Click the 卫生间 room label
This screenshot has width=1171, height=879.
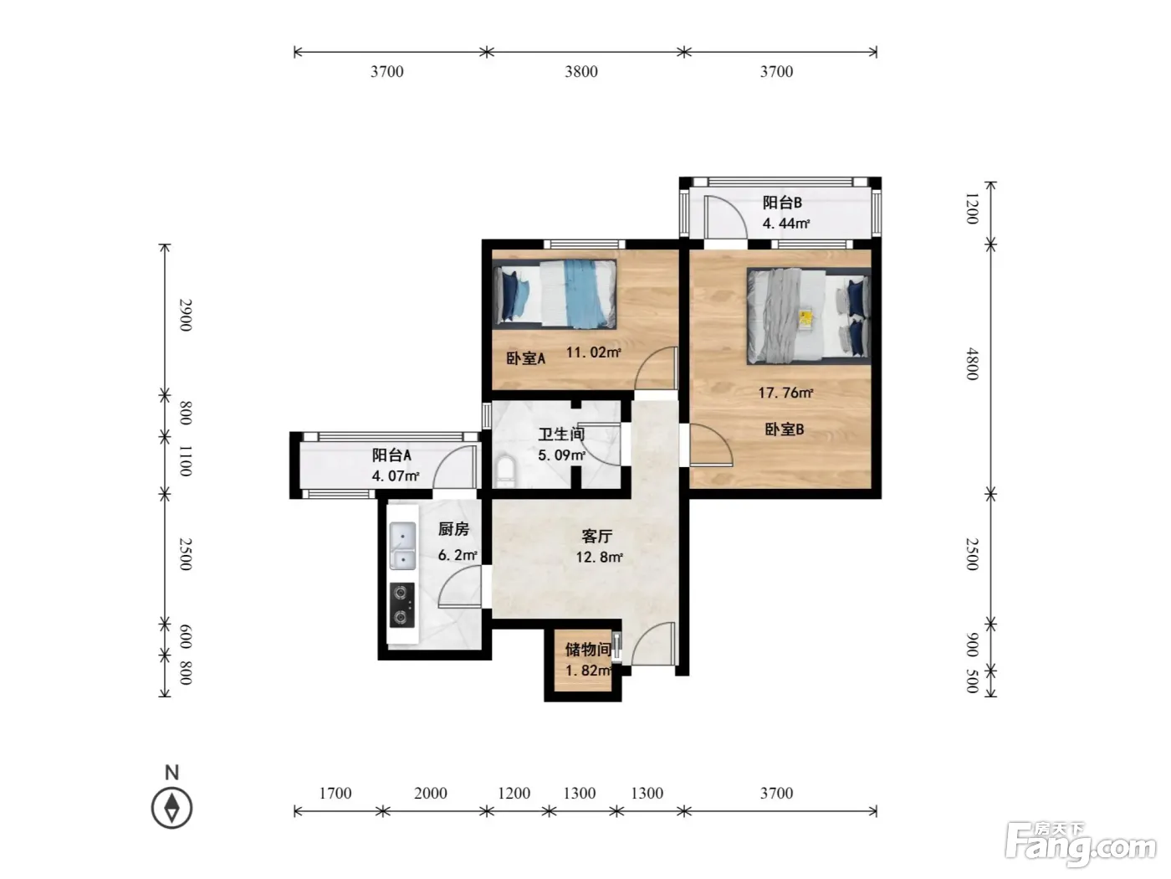[560, 434]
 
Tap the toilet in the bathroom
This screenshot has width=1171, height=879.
[504, 470]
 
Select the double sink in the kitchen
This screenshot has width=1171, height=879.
[403, 546]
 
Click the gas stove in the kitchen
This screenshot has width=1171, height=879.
[401, 604]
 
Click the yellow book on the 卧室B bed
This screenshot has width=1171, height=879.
[805, 319]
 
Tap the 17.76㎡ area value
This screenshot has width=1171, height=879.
[785, 393]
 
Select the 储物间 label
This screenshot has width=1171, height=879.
[587, 650]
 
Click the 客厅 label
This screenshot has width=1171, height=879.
[596, 536]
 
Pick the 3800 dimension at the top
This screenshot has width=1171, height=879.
[581, 71]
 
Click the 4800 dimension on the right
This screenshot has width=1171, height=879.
[972, 364]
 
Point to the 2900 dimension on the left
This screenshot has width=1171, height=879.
[185, 315]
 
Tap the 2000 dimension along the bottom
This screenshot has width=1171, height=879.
[431, 793]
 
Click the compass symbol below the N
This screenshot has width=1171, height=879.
[171, 808]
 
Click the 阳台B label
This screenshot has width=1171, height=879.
[782, 203]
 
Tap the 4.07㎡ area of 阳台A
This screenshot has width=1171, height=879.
[396, 475]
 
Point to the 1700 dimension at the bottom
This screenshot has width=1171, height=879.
[335, 793]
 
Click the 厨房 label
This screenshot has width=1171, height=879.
[453, 529]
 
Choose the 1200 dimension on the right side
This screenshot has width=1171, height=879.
[972, 208]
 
